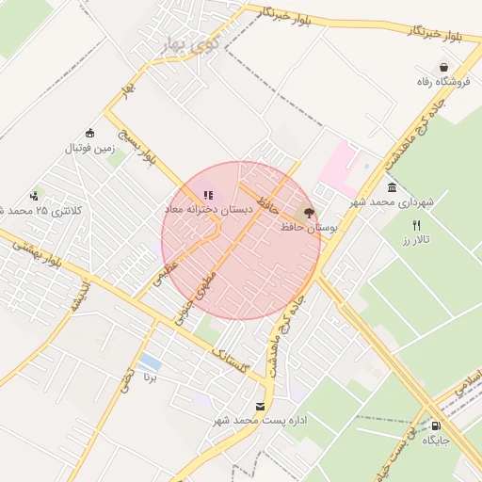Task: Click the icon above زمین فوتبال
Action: click(x=89, y=133)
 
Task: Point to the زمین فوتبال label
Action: click(x=89, y=148)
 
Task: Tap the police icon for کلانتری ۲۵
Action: click(x=35, y=196)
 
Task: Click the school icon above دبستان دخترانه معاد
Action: click(x=208, y=195)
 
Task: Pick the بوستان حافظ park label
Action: click(x=309, y=227)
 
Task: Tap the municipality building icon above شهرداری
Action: click(x=392, y=187)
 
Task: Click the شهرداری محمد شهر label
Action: click(x=391, y=202)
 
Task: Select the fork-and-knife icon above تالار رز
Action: click(x=417, y=225)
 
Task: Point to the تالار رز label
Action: click(x=417, y=240)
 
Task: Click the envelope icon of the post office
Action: click(x=261, y=406)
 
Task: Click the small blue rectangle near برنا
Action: click(x=148, y=362)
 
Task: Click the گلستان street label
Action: click(x=231, y=361)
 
